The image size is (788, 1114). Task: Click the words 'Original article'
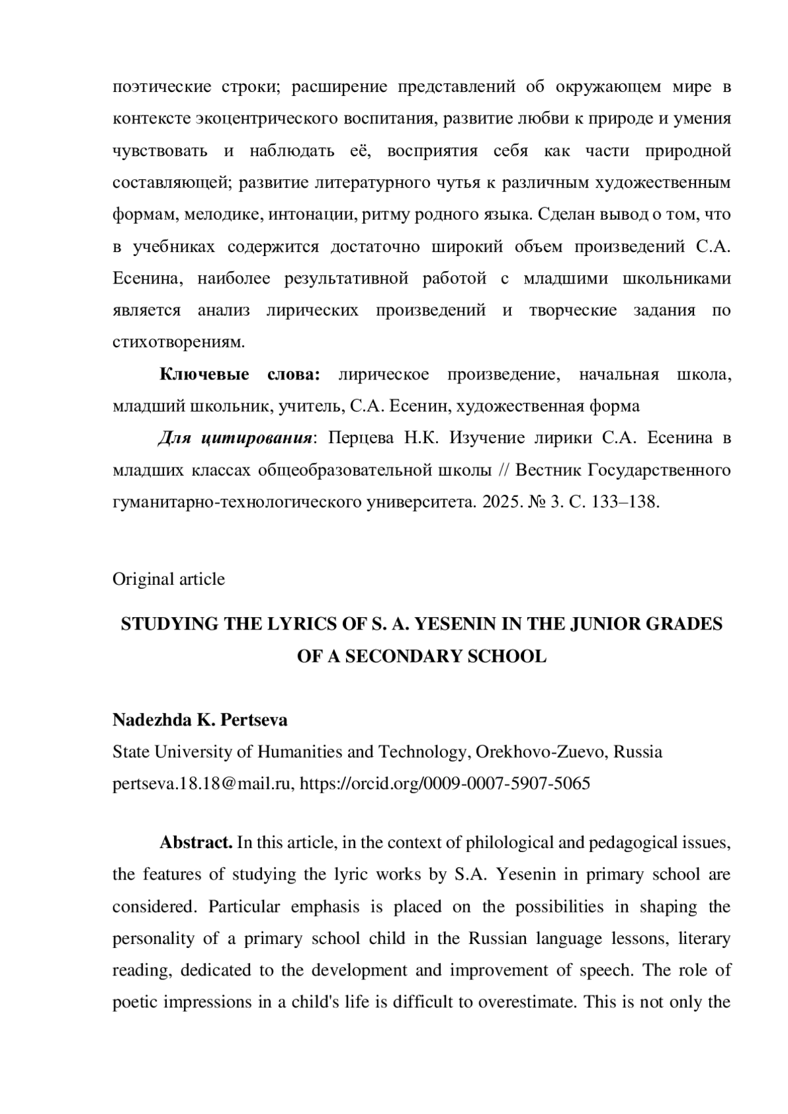coord(168,579)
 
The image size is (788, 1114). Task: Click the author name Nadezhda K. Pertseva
coord(200,720)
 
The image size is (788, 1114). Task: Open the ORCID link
coord(445,783)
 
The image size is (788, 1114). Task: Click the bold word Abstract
coord(196,842)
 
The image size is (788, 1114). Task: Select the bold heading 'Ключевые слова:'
coord(240,375)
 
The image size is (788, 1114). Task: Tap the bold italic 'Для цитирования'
coord(234,438)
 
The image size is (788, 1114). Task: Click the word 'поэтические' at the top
coord(162,87)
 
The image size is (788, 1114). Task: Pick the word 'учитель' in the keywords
coord(310,406)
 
